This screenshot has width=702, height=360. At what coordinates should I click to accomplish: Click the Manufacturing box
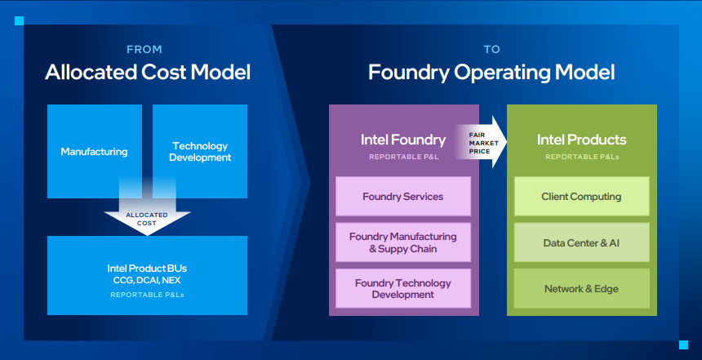(x=95, y=151)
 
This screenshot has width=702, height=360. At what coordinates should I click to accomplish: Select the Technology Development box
(x=200, y=151)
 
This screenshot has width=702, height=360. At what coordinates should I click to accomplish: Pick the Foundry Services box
(x=403, y=196)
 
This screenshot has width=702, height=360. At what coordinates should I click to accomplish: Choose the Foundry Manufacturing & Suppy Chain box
(x=403, y=242)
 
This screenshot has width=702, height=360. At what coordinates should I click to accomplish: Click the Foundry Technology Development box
(x=403, y=288)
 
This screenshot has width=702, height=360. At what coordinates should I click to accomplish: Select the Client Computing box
(x=581, y=196)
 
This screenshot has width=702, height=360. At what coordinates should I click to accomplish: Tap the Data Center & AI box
(x=581, y=242)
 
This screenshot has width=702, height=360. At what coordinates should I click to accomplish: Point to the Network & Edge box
(x=581, y=288)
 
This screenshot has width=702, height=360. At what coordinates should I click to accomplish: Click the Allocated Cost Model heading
(x=148, y=72)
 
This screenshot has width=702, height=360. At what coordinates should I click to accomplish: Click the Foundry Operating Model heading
(x=491, y=73)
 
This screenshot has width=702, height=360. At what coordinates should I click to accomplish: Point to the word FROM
(x=144, y=49)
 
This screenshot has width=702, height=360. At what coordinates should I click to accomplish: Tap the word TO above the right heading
(x=491, y=49)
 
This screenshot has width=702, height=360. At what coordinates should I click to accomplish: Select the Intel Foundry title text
(x=403, y=140)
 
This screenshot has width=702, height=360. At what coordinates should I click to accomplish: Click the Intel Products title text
(x=581, y=140)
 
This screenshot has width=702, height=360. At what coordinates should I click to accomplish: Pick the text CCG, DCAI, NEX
(x=147, y=280)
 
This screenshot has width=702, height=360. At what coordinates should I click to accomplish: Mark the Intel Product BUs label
(x=147, y=269)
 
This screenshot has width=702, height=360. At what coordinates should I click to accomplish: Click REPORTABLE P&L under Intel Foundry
(x=404, y=157)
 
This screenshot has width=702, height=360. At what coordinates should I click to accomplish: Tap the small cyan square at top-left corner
(x=20, y=20)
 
